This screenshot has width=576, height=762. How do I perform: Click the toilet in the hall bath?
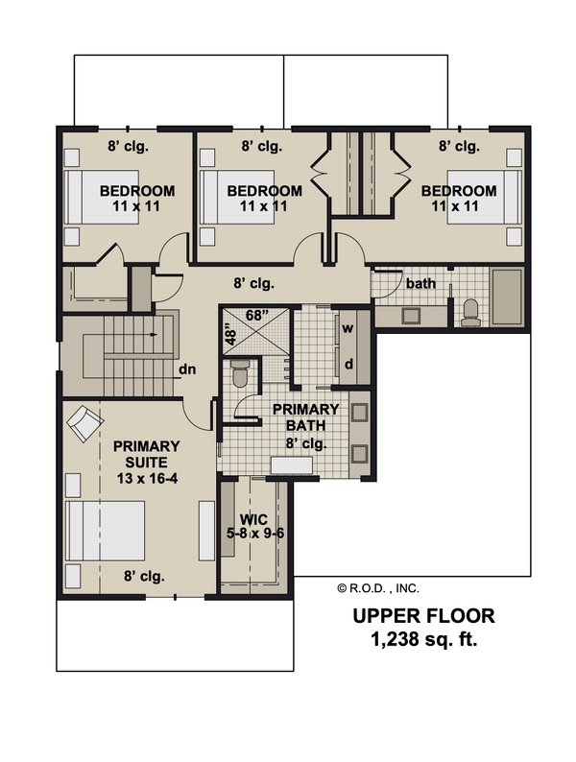tap(470, 312)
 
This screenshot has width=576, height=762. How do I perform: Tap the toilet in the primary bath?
tap(239, 373)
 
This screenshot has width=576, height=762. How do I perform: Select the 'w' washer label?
tap(348, 328)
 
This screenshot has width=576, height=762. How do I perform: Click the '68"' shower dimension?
tap(256, 316)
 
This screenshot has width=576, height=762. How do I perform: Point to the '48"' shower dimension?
tap(231, 335)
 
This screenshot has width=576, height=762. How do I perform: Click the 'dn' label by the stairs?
tap(187, 369)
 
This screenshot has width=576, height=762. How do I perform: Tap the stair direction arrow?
tap(154, 334)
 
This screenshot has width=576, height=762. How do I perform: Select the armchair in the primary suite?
tap(85, 423)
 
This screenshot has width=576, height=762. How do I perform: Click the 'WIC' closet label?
tap(253, 519)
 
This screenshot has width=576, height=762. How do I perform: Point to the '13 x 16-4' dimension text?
tap(147, 478)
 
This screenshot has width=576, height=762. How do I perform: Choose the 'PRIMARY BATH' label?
tap(305, 417)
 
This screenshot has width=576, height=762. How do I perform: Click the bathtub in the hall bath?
tap(507, 297)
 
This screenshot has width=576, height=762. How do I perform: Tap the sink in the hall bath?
tap(412, 316)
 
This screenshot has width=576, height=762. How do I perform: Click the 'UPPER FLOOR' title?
tap(423, 616)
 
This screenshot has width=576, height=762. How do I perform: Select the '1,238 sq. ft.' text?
tap(424, 639)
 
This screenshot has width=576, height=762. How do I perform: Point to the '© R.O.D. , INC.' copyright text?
tap(377, 588)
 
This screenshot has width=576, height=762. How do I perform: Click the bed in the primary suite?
tap(105, 531)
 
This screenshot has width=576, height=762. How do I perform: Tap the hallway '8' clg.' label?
tap(253, 283)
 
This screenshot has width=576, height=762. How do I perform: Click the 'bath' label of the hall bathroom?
tap(420, 283)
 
